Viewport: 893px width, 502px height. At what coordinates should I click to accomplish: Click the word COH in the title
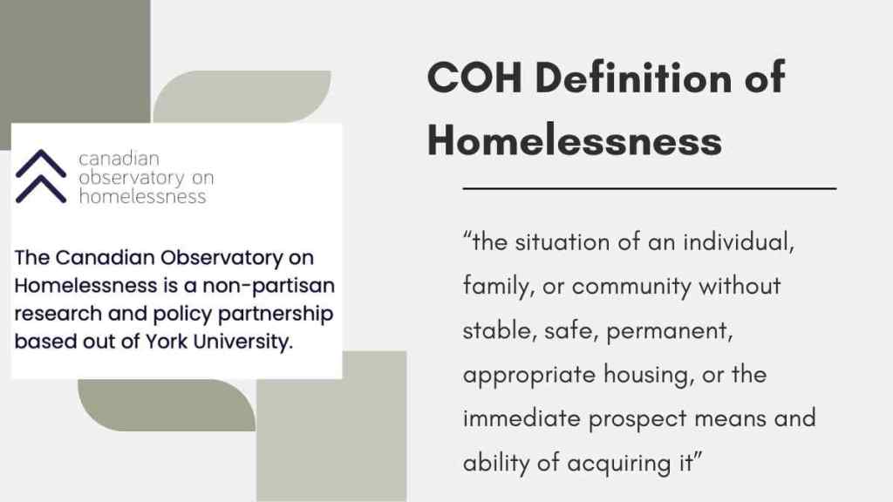pos(474,78)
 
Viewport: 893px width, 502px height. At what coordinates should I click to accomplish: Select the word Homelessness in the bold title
pos(575,140)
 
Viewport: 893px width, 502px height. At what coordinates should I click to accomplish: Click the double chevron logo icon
pos(41,176)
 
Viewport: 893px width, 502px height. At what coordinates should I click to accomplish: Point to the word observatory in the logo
pos(132,178)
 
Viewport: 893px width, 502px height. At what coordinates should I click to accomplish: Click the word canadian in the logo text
pos(119,159)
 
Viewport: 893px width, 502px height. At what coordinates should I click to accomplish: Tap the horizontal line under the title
pos(649,188)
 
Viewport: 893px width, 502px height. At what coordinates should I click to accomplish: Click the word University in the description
pos(243,342)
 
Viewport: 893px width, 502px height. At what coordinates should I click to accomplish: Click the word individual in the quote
pos(739,242)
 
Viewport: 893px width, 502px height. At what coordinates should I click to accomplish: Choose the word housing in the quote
pos(649,376)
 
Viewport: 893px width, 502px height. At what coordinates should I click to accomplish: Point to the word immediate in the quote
pos(521,418)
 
